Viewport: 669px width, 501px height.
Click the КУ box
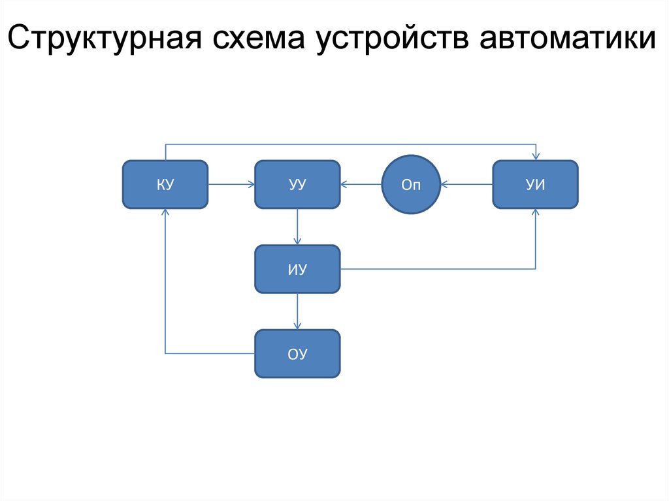point(165,185)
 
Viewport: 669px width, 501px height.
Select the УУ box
point(297,185)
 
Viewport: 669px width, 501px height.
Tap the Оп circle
point(410,185)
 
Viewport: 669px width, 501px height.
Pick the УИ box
point(535,185)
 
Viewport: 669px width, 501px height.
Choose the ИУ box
point(297,268)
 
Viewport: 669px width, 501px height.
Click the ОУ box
point(297,353)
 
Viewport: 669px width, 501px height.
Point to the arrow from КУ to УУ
point(231,185)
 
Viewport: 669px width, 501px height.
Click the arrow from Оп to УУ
point(361,185)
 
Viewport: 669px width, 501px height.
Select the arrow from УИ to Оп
point(466,185)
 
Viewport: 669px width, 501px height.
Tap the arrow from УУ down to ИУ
point(297,227)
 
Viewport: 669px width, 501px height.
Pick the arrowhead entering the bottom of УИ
point(536,213)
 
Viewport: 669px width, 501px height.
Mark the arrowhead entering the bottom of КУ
point(165,213)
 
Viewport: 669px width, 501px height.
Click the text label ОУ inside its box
point(297,354)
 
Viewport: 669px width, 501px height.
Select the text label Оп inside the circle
point(410,186)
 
